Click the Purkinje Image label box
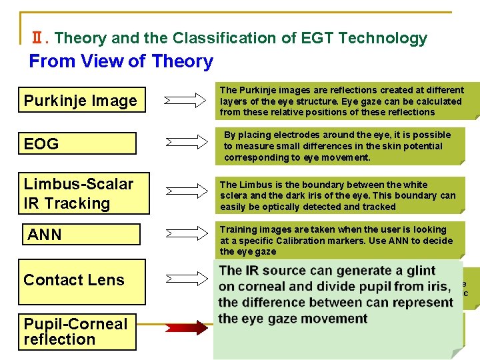81,101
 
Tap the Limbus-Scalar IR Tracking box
83,193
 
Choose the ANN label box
81,235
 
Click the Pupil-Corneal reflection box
77,331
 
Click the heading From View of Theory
121,62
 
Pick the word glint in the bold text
420,271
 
